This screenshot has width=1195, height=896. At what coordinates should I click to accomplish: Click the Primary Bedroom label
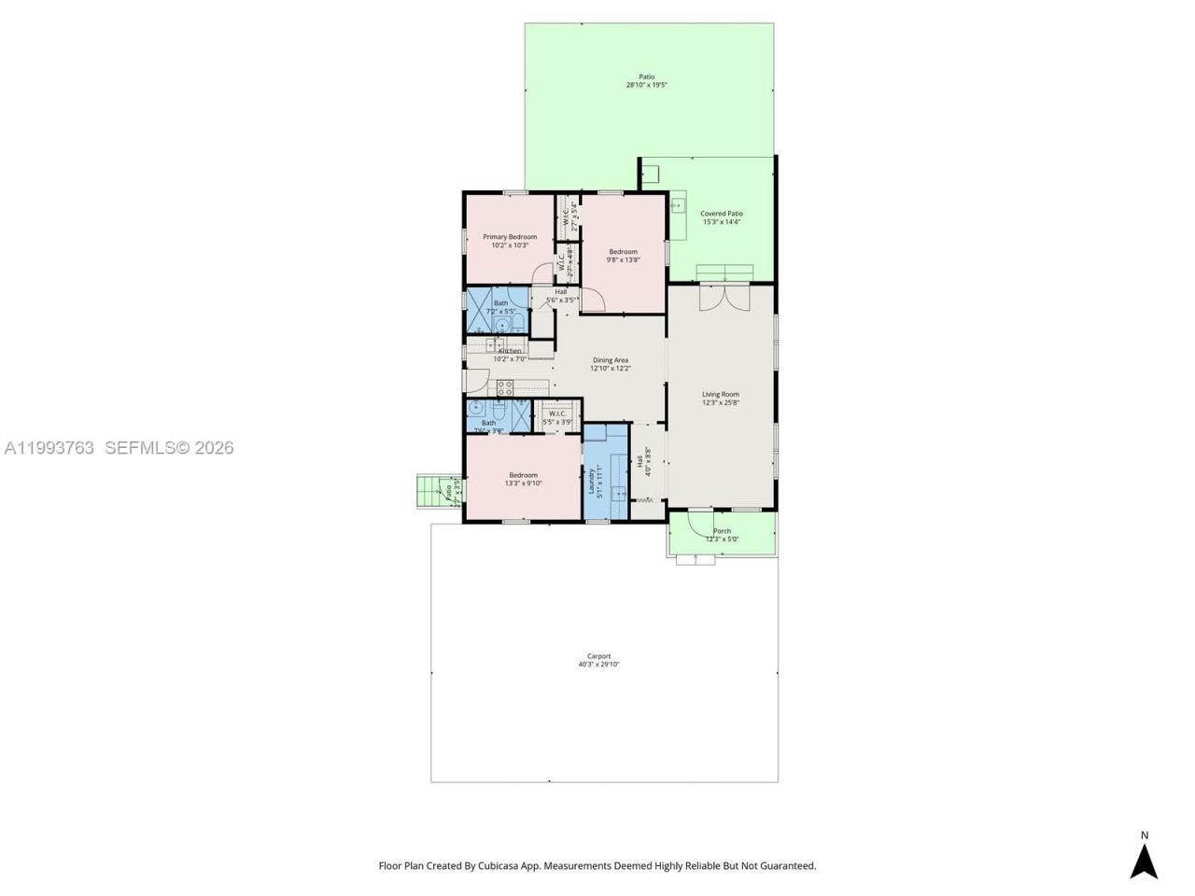(510, 237)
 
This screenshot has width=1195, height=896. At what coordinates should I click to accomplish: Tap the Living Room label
(721, 395)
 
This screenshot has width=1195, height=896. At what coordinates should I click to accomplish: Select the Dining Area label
(610, 360)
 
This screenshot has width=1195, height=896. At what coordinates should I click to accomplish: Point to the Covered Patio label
(722, 214)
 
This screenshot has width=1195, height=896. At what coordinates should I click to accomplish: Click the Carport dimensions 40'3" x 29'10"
(598, 665)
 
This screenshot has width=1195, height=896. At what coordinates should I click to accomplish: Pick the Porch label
(722, 531)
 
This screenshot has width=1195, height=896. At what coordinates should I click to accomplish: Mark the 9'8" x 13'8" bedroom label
(624, 252)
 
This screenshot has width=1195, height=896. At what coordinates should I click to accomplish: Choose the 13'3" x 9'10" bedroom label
(523, 475)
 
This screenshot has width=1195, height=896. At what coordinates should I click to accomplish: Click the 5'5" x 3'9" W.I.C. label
(558, 413)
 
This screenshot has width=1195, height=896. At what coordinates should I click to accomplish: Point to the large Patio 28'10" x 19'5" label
(646, 77)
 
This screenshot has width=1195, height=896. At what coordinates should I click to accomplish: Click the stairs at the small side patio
(429, 492)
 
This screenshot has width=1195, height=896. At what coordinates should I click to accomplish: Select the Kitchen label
(510, 351)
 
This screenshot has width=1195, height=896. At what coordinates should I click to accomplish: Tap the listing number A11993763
(49, 448)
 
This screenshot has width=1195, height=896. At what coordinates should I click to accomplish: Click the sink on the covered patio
(678, 205)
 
